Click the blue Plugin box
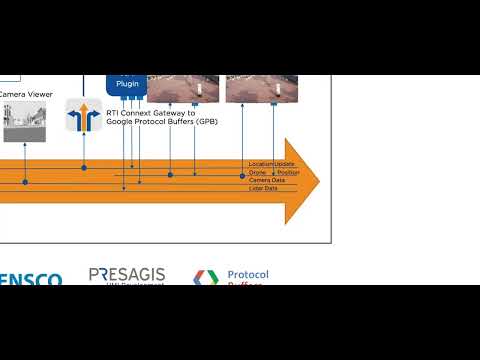pos(127,85)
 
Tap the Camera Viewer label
pos(26,94)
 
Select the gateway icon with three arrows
pos(84,117)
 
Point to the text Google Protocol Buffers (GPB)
pos(162,121)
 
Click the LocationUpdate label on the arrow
pos(271,163)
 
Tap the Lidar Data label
pos(263,188)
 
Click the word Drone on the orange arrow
pos(257,172)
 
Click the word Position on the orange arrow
pos(288,172)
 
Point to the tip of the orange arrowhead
pos(319,180)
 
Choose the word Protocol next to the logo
pos(248,274)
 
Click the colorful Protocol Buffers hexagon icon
pos(205,278)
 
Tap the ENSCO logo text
pos(30,280)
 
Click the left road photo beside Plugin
pos(182,89)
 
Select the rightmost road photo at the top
pos(262,89)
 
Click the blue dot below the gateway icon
pos(84,168)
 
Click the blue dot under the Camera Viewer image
pos(25,182)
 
